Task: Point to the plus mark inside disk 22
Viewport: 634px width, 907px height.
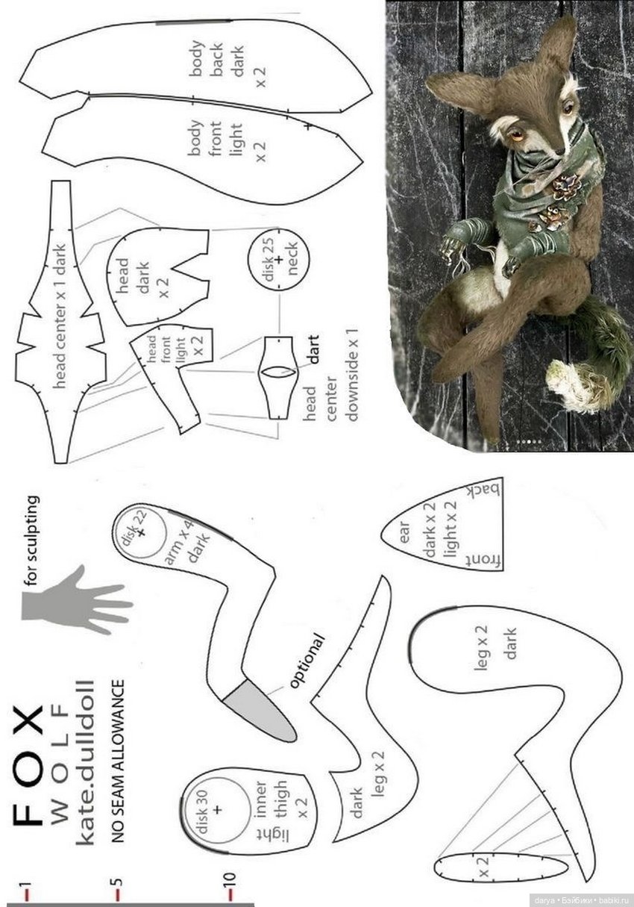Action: tap(141, 533)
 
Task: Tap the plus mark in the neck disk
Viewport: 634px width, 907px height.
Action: tap(279, 260)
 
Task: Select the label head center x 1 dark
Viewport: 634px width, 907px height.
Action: tap(60, 317)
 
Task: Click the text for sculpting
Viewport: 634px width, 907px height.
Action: tap(32, 541)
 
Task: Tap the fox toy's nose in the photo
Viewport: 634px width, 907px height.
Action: tap(560, 152)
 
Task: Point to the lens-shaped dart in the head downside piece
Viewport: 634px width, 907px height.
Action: tap(278, 372)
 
